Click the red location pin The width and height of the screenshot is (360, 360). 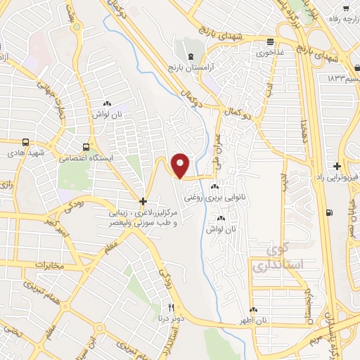pyautogui.click(x=181, y=166)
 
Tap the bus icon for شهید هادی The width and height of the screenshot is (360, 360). pyautogui.click(x=26, y=141)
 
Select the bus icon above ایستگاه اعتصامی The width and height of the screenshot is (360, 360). pyautogui.click(x=86, y=147)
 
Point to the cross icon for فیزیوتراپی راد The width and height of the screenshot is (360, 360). pyautogui.click(x=338, y=167)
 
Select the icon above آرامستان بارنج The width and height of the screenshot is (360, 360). pyautogui.click(x=188, y=55)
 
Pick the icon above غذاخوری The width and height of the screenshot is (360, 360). pyautogui.click(x=270, y=41)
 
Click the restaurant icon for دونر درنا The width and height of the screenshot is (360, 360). pyautogui.click(x=170, y=307)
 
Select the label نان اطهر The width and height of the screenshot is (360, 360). pyautogui.click(x=252, y=321)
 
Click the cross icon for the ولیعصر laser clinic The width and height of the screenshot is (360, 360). pyautogui.click(x=143, y=201)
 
